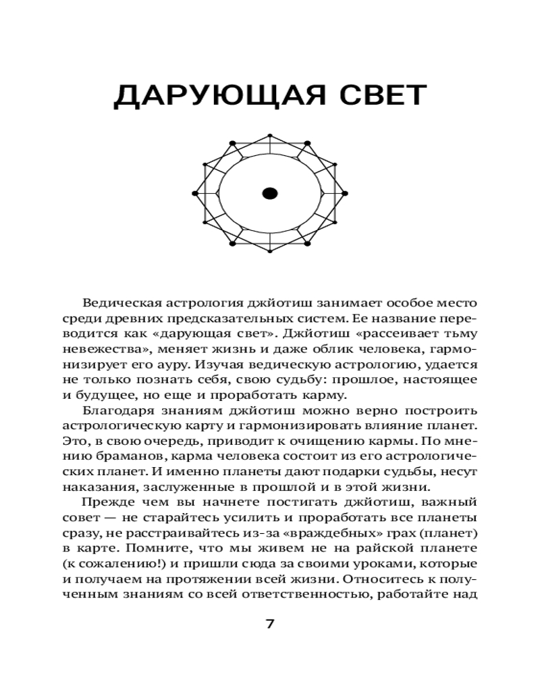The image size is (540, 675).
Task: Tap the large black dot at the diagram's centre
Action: (270, 194)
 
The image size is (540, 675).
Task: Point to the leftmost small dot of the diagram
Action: (194, 194)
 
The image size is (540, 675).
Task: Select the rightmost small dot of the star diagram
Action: (346, 194)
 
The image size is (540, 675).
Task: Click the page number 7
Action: (270, 623)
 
